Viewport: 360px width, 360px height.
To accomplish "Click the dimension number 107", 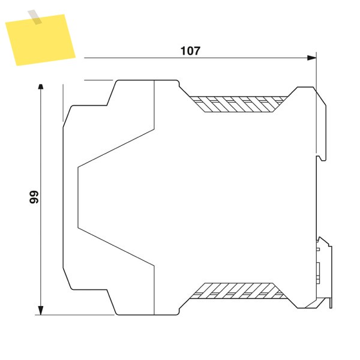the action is (190, 51).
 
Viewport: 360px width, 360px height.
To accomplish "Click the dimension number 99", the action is (34, 197).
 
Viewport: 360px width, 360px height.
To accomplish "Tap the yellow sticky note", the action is (40, 40).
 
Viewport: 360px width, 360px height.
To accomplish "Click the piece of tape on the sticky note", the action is (35, 17).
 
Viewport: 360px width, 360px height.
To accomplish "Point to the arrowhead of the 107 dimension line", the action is (311, 58).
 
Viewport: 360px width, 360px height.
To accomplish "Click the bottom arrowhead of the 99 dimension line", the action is (40, 310).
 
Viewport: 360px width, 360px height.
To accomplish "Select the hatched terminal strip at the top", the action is (239, 104).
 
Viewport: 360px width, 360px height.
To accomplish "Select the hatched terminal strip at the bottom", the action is (239, 291).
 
